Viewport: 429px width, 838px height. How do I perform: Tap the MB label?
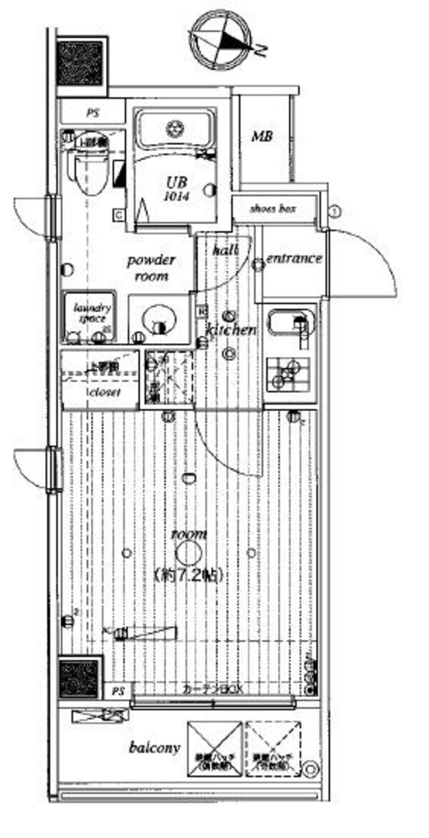[261, 137]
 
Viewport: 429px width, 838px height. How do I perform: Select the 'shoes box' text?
[272, 209]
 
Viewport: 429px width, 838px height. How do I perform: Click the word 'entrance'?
[294, 259]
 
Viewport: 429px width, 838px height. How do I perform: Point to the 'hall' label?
[225, 250]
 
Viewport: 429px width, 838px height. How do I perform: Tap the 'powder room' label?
[151, 267]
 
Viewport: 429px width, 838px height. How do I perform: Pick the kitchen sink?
[292, 325]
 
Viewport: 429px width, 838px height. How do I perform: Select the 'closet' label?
[103, 393]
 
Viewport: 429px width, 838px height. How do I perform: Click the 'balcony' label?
[154, 749]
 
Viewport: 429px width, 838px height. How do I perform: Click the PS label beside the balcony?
[118, 691]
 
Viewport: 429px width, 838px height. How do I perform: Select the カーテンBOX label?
[213, 690]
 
